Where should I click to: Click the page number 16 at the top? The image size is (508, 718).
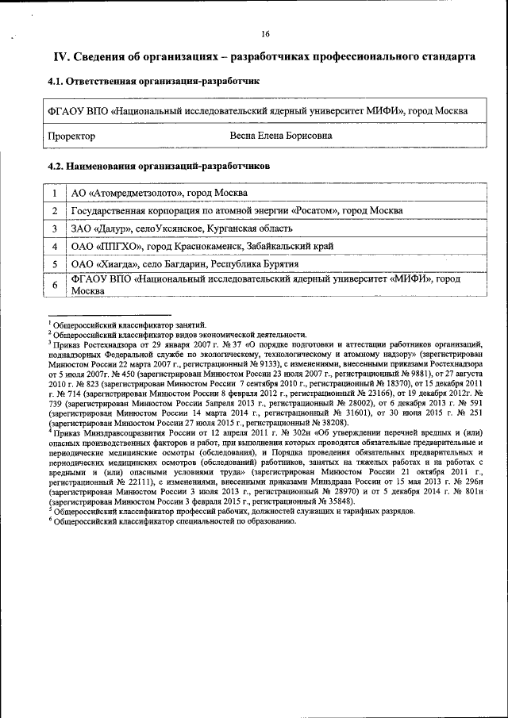[x=265, y=33]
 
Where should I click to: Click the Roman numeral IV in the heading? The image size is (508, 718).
[x=60, y=58]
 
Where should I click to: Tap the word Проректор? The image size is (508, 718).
[x=71, y=136]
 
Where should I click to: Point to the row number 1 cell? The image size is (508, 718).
[x=54, y=194]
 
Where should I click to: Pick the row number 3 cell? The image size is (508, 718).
[x=54, y=228]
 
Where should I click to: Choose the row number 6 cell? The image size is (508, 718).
[x=54, y=286]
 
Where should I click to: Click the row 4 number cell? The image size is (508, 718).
[x=54, y=246]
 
